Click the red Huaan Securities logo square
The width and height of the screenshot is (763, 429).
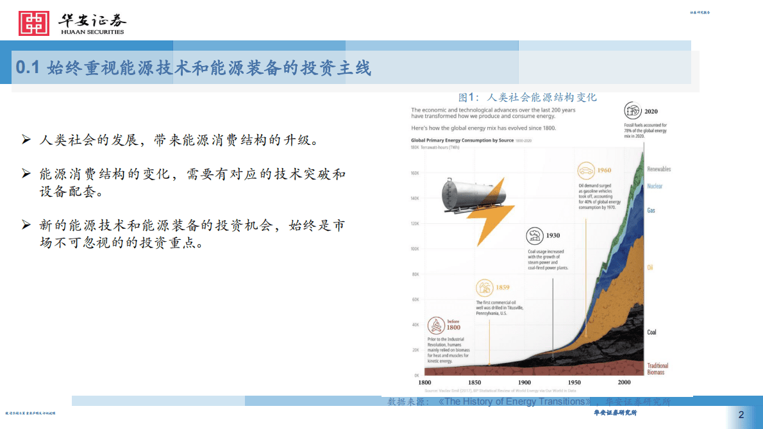(x=34, y=23)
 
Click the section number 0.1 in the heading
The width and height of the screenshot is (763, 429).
(x=28, y=68)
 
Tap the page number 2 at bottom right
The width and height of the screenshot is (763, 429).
(x=741, y=414)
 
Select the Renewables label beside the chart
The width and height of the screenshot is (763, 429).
(x=659, y=169)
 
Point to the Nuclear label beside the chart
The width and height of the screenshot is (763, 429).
(x=655, y=187)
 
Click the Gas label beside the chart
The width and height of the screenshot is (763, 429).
(x=651, y=210)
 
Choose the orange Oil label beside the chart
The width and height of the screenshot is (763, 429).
(x=650, y=267)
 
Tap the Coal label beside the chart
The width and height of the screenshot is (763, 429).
(x=651, y=332)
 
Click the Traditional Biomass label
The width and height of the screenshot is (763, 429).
(x=657, y=369)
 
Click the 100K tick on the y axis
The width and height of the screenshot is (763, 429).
(x=414, y=249)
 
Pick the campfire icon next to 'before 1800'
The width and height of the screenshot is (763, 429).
(x=437, y=324)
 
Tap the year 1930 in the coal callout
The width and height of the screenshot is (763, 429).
(x=553, y=235)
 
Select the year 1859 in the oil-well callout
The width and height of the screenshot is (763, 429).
(x=501, y=287)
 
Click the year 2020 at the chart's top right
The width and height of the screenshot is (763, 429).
(x=651, y=111)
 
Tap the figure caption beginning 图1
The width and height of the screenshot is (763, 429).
(x=527, y=97)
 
